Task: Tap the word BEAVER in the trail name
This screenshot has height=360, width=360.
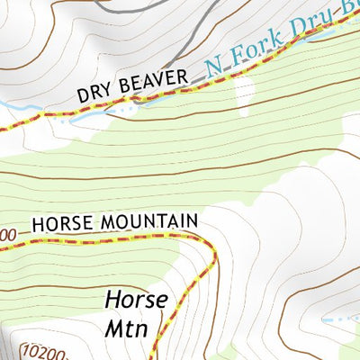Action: pos(152,82)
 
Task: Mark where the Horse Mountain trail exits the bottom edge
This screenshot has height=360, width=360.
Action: pos(155,356)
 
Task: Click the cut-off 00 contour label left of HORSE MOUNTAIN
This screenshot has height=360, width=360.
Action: pos(7,235)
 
